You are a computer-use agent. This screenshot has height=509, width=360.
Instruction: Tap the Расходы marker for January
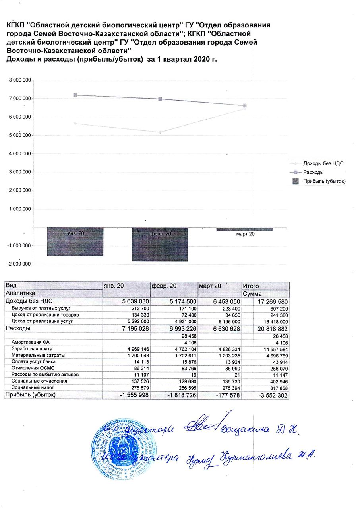click(75, 95)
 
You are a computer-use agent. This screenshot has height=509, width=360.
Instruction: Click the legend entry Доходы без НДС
click(323, 163)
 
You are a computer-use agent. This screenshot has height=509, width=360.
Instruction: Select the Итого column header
click(251, 286)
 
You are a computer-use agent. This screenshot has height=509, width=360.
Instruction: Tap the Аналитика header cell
click(20, 293)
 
